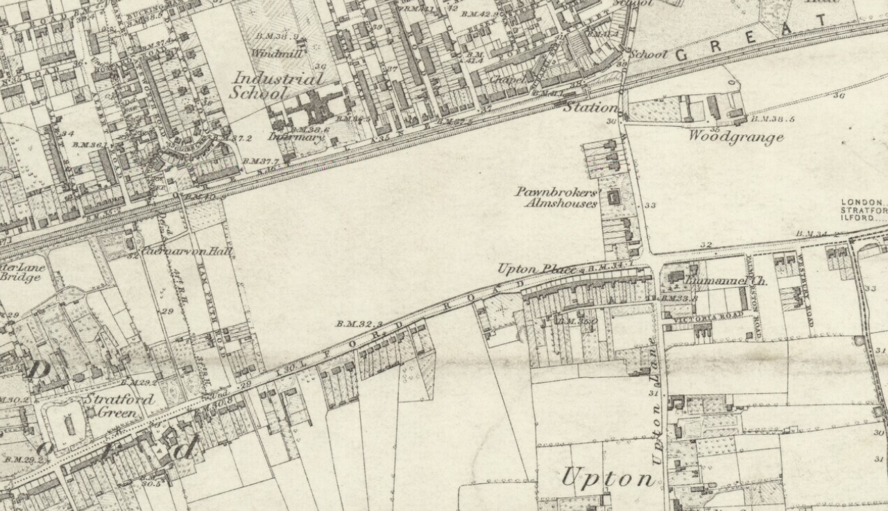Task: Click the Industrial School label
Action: [277, 85]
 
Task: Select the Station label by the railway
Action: [589, 107]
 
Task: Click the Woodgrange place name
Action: [735, 137]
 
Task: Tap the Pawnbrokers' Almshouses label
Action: [556, 197]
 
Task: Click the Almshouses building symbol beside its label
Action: [613, 198]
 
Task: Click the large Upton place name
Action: [608, 478]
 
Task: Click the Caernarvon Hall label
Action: [187, 252]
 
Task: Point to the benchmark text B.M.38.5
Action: [773, 119]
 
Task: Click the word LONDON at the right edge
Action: [862, 202]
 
